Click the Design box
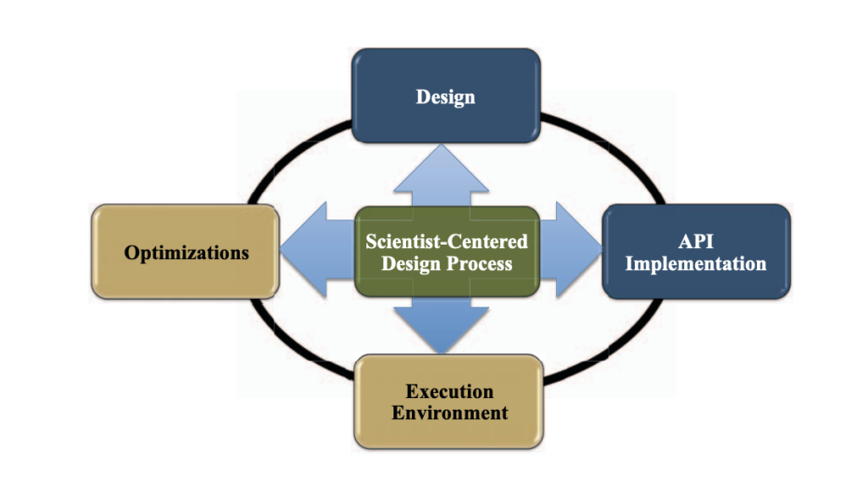(x=446, y=96)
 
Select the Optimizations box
(x=186, y=252)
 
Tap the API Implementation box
(x=696, y=252)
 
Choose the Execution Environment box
(x=448, y=401)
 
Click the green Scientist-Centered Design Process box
(x=447, y=252)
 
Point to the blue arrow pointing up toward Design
(x=441, y=175)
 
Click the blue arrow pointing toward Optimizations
(x=317, y=250)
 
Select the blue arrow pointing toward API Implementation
(x=571, y=250)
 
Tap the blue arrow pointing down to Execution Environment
(x=441, y=325)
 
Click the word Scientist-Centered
(x=447, y=241)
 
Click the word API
(x=696, y=241)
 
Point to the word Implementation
(x=696, y=264)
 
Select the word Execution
(x=449, y=391)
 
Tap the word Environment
(x=449, y=412)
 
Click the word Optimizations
(x=186, y=253)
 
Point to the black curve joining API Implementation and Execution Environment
(x=615, y=350)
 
